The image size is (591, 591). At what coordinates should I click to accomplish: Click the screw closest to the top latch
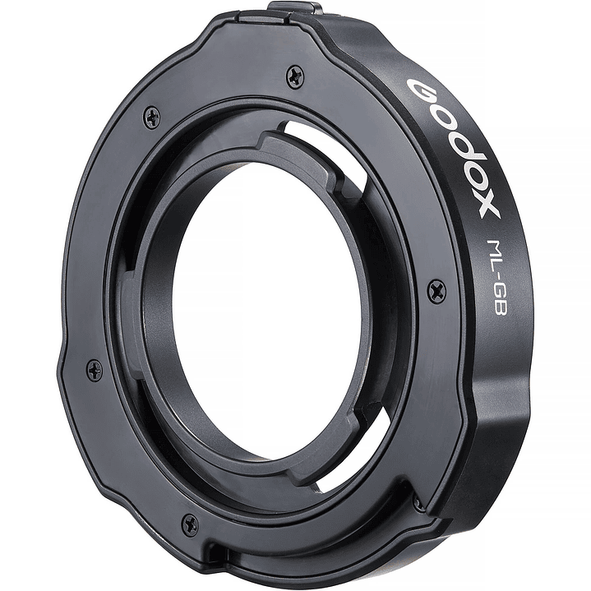coord(295,77)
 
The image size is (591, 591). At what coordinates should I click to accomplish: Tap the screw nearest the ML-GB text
coord(437,289)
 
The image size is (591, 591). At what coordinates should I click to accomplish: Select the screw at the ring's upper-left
coord(152,117)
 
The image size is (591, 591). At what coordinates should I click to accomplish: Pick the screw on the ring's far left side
coord(95,370)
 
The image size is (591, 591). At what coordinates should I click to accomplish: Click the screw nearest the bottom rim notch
coord(190,523)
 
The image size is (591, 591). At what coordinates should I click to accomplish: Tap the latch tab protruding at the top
coord(293,10)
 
